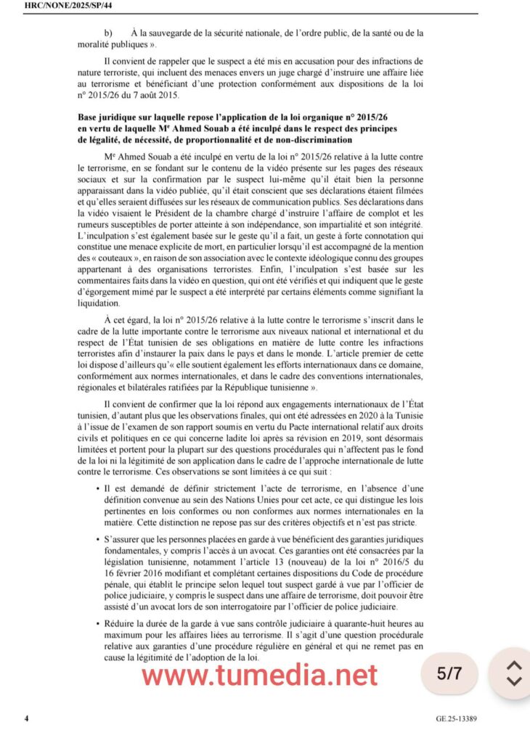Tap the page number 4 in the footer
tap(27, 718)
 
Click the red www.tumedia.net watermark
tap(260, 675)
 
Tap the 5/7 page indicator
tap(449, 673)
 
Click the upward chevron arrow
tap(513, 665)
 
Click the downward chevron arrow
tap(513, 681)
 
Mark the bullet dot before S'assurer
tap(98, 540)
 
